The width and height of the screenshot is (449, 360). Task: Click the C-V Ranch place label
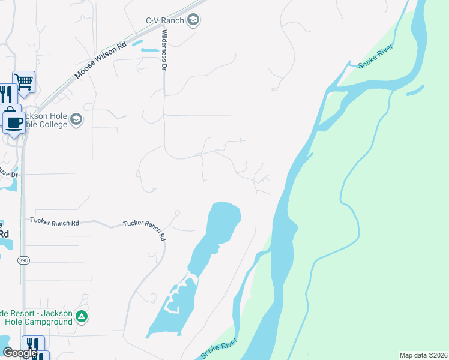coord(164,20)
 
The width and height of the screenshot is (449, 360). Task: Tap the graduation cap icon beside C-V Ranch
coord(193,21)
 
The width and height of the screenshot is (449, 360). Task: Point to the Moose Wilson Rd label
coord(101,61)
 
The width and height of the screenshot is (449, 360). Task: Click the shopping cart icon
coord(23,81)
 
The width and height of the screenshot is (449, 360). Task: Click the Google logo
coord(20,353)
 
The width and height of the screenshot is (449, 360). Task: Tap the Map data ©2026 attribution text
coord(423,355)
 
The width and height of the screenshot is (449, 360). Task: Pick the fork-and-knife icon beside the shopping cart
coord(5,94)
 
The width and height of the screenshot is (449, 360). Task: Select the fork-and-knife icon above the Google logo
coord(32,344)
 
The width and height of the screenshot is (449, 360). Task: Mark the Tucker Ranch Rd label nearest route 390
coord(55,222)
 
